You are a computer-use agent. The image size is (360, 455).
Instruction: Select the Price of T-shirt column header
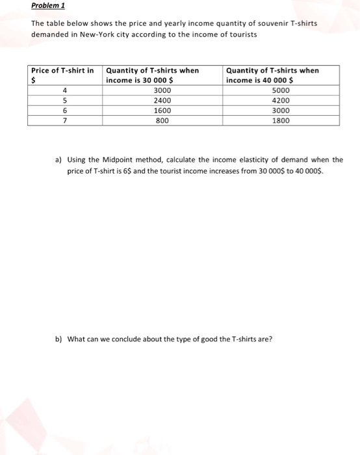tap(62, 70)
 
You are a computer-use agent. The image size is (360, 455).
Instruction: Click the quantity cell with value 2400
tap(162, 101)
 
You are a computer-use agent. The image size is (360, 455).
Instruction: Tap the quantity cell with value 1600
tap(162, 110)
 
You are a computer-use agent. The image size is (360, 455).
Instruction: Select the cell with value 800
tap(162, 120)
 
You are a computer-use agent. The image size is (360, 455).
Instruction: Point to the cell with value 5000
tap(281, 90)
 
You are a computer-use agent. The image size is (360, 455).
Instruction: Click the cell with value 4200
tap(281, 101)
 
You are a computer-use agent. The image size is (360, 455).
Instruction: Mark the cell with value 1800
tap(281, 120)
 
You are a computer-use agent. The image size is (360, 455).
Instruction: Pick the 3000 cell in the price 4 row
tap(162, 90)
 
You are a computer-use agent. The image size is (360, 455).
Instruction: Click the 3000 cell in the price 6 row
tap(281, 110)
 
